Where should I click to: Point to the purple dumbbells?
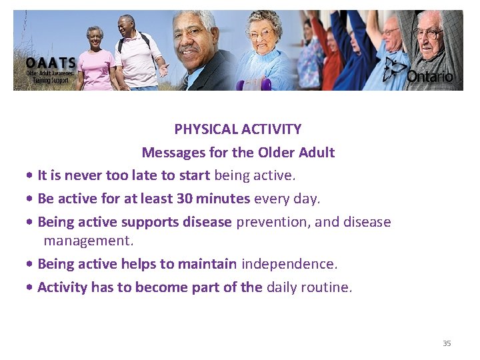pyautogui.click(x=257, y=85)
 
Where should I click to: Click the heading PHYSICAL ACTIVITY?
pyautogui.click(x=238, y=129)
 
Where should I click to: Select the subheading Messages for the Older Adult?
pyautogui.click(x=238, y=153)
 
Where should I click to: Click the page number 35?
pyautogui.click(x=447, y=343)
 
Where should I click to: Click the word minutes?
pyautogui.click(x=223, y=199)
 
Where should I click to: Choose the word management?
pyautogui.click(x=89, y=240)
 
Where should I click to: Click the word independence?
pyautogui.click(x=289, y=264)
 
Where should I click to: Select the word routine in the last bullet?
pyautogui.click(x=326, y=287)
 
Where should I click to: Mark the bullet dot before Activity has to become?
pyautogui.click(x=31, y=288)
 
